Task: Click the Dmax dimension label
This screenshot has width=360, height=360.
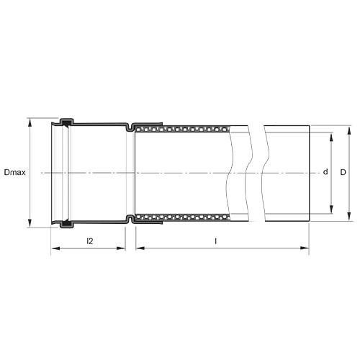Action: pyautogui.click(x=14, y=173)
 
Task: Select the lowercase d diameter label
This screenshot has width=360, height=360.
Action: pyautogui.click(x=325, y=173)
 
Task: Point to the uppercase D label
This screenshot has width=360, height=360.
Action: pyautogui.click(x=343, y=173)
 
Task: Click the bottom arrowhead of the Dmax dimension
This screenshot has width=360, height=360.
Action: pyautogui.click(x=31, y=222)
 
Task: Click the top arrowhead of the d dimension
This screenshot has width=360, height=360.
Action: pyautogui.click(x=332, y=135)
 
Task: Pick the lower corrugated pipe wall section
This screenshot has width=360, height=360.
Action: pyautogui.click(x=184, y=216)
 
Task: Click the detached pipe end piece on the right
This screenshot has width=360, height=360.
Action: pyautogui.click(x=287, y=173)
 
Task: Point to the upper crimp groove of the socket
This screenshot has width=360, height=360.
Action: pyautogui.click(x=130, y=128)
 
